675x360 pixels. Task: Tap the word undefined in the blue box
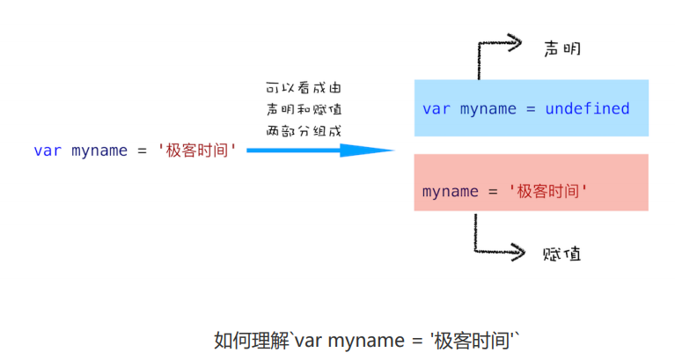[587, 109]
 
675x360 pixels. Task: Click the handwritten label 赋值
[561, 254]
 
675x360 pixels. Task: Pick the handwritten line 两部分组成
[304, 131]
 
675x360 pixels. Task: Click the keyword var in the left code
[48, 151]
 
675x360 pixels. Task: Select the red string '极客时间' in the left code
[197, 151]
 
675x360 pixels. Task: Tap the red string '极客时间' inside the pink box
[548, 192]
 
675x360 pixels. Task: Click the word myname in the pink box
[451, 192]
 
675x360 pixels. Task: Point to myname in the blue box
[488, 109]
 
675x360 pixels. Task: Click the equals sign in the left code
[142, 151]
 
